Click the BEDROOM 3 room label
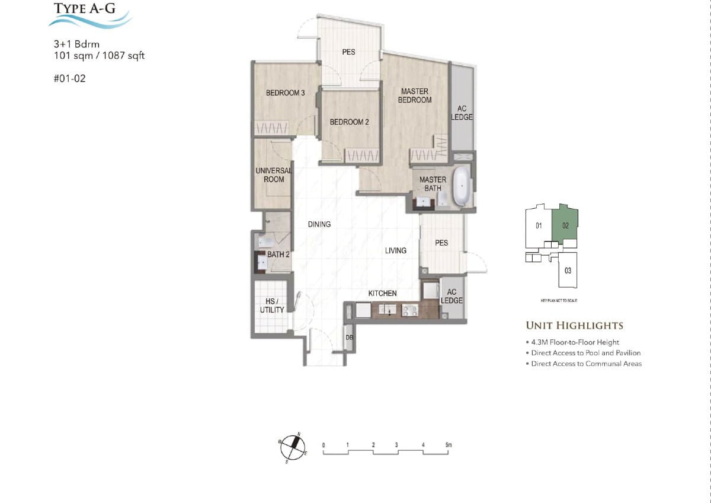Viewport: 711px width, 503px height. (x=285, y=93)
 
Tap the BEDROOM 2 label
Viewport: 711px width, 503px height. (x=350, y=122)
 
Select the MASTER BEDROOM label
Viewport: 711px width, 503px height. (x=415, y=95)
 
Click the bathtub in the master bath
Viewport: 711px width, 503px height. (x=461, y=186)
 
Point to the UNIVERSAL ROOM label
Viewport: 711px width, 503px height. (x=273, y=175)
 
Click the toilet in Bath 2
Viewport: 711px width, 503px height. (x=265, y=241)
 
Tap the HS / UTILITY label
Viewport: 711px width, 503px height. (x=272, y=305)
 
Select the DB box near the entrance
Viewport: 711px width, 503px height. (x=350, y=338)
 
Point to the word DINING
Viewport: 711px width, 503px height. (x=319, y=224)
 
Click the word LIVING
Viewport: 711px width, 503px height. (x=395, y=250)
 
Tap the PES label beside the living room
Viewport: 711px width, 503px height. (x=441, y=243)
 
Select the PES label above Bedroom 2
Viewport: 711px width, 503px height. (x=349, y=52)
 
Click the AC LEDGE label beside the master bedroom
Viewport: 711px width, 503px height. (x=462, y=113)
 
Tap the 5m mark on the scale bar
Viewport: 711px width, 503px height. (x=449, y=445)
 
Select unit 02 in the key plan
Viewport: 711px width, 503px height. (x=565, y=225)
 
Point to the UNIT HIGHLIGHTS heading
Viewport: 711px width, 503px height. (x=574, y=326)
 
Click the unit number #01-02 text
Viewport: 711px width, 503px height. (x=69, y=78)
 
